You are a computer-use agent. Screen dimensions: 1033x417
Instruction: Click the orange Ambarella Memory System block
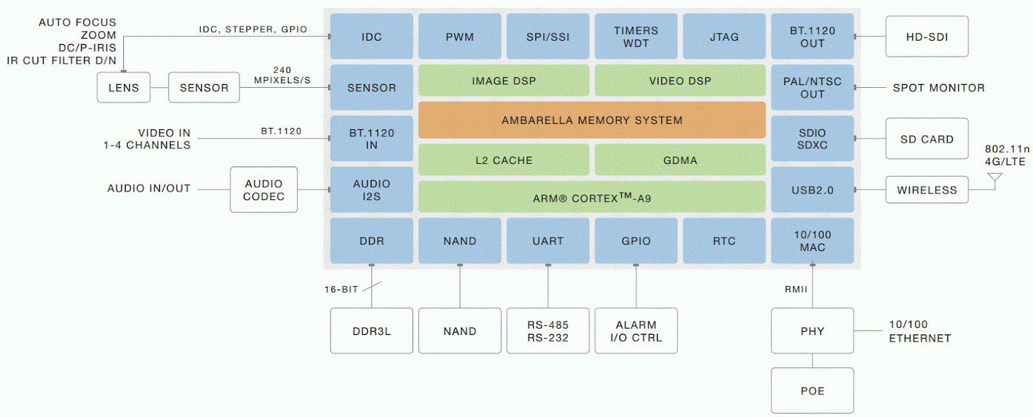click(x=591, y=120)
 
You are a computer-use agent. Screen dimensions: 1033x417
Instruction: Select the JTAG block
click(x=724, y=36)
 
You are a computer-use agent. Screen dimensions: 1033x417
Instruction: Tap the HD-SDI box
click(x=927, y=36)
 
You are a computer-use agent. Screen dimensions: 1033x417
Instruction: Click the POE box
click(x=812, y=391)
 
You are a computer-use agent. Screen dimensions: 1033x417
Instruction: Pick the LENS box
click(x=123, y=87)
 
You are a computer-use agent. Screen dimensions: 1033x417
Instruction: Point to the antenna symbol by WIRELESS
click(x=995, y=181)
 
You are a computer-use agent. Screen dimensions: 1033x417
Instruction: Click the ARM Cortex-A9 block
click(x=591, y=197)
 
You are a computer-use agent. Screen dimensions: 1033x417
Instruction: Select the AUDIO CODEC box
click(x=264, y=190)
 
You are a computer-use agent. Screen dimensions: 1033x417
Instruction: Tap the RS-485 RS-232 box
click(x=548, y=331)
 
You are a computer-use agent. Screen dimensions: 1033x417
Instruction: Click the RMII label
click(x=796, y=289)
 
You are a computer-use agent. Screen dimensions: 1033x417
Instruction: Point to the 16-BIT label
click(x=342, y=289)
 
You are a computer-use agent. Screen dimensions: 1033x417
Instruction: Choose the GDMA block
click(x=680, y=159)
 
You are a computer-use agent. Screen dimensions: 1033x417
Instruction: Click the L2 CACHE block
click(x=504, y=159)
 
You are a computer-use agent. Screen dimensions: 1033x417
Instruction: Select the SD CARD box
click(x=927, y=138)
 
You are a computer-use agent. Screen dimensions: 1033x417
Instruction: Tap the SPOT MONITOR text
click(x=939, y=88)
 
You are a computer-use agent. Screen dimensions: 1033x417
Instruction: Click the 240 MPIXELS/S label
click(x=282, y=75)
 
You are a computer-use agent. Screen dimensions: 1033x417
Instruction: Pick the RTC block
click(x=724, y=241)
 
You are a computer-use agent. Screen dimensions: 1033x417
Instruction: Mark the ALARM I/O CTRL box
click(x=636, y=331)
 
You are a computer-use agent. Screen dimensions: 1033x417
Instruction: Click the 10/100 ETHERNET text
click(x=920, y=331)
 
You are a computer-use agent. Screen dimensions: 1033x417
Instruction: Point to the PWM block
click(x=460, y=36)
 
